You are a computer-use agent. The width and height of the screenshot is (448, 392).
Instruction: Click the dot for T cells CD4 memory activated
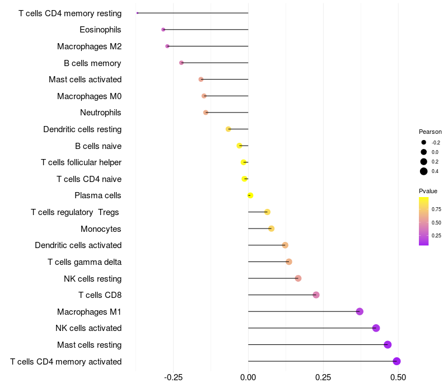(x=396, y=361)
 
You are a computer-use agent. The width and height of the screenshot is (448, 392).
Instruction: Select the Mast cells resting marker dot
(x=388, y=344)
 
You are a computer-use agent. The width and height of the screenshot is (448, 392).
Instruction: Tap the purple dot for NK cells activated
(x=376, y=328)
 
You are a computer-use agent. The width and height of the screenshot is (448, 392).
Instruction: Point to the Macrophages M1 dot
(x=360, y=311)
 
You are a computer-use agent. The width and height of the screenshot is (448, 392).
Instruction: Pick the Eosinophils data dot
(x=163, y=30)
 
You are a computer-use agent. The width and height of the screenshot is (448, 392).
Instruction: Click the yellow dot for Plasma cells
(x=250, y=195)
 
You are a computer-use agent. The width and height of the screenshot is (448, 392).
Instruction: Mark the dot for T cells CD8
(x=316, y=295)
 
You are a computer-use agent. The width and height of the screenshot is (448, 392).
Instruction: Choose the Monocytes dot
(x=271, y=228)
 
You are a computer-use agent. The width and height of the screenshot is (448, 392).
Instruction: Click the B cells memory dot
(x=181, y=63)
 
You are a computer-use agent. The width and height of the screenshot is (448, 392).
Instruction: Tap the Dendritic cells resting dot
(x=228, y=129)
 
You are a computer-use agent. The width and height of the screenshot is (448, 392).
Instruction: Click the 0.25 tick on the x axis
(x=323, y=377)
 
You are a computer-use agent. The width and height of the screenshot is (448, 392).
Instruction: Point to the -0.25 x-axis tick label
(x=173, y=377)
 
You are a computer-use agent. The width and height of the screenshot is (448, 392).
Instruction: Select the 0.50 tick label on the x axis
(x=398, y=377)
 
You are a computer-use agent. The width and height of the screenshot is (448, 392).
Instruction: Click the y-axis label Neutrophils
(x=101, y=113)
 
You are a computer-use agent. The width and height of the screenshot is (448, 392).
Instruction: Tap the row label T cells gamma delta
(x=85, y=262)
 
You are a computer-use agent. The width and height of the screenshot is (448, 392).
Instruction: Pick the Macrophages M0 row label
(x=90, y=96)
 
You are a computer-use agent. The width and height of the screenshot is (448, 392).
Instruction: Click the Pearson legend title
(x=430, y=132)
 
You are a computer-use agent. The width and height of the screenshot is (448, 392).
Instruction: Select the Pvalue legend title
(x=428, y=191)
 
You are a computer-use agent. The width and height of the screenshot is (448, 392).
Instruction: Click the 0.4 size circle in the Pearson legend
(x=423, y=171)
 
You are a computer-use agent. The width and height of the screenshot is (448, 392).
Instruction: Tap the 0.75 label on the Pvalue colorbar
(x=436, y=209)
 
